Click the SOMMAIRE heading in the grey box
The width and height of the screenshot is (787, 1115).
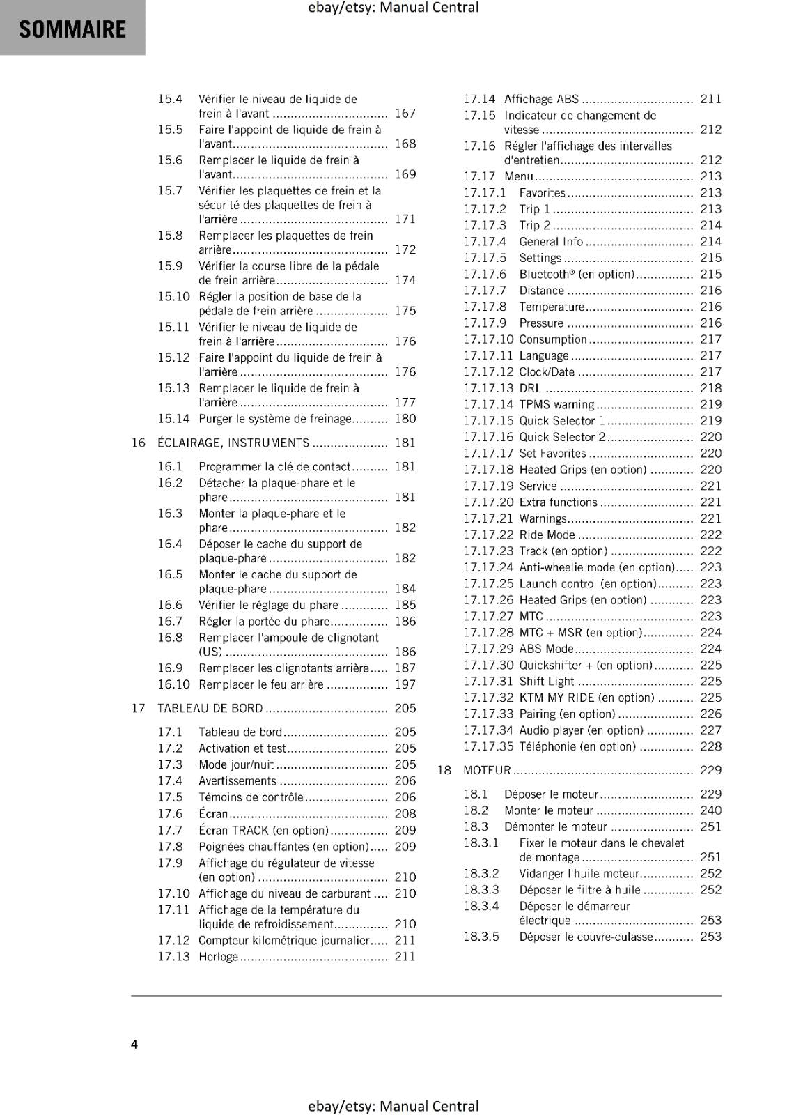(72, 29)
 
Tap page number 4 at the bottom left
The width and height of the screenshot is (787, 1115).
(134, 1044)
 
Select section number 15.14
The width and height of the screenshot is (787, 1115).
(173, 419)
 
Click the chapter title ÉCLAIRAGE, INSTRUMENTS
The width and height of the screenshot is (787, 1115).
(233, 443)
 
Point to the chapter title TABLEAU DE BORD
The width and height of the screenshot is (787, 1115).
(210, 708)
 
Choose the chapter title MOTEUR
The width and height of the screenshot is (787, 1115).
(487, 770)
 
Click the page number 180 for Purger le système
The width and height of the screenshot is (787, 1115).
(405, 419)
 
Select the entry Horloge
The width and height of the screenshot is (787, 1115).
(218, 957)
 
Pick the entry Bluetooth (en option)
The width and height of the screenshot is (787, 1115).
(576, 275)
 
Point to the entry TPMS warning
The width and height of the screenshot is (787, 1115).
(556, 405)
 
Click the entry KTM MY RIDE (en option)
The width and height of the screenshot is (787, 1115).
(586, 698)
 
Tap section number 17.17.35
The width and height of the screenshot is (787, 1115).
(488, 746)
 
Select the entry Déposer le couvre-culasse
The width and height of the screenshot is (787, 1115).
(586, 937)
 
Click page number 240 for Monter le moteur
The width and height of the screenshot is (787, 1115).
(710, 810)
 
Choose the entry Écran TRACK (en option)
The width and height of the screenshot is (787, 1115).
(263, 831)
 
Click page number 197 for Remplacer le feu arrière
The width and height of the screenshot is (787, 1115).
(405, 684)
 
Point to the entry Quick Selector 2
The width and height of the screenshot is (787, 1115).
(562, 437)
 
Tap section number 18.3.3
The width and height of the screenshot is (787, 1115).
(481, 890)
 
